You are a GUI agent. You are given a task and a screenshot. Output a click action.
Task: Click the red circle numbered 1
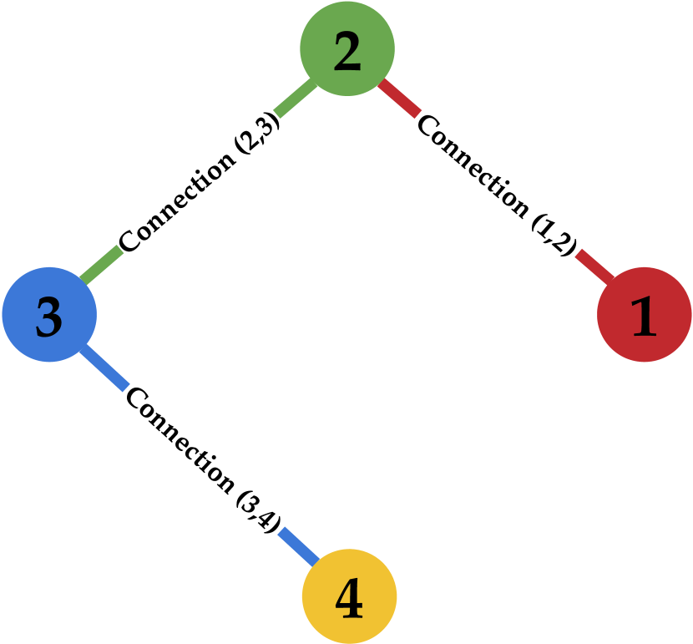point(644,315)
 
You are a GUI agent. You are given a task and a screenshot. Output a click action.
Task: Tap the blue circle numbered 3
point(49,315)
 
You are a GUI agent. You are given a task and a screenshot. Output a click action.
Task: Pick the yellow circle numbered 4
point(349,596)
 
